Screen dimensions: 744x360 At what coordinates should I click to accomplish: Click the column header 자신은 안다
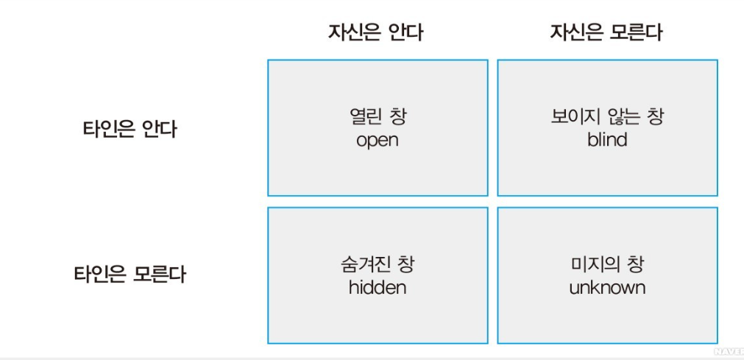click(375, 33)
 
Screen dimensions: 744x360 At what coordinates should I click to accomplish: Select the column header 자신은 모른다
click(606, 33)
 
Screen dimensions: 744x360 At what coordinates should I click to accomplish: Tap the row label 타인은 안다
click(130, 130)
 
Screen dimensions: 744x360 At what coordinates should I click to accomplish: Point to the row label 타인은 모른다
click(130, 275)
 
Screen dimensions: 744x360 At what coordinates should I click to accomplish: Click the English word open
click(377, 140)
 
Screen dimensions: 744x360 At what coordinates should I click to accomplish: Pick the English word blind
click(607, 140)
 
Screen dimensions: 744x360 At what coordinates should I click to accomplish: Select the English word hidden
click(377, 287)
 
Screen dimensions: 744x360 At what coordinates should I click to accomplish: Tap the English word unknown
click(607, 287)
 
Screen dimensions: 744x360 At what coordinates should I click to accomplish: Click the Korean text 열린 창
click(377, 117)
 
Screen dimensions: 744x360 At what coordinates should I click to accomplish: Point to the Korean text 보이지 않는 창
click(607, 117)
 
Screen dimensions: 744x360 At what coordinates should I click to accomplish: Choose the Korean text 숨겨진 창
click(377, 264)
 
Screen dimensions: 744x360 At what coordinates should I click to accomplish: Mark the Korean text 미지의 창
click(607, 264)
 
